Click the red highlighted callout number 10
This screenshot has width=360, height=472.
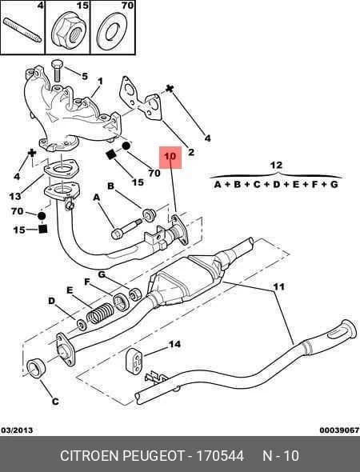170,157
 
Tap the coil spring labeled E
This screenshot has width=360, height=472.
99,313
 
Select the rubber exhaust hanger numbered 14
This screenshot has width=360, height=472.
134,361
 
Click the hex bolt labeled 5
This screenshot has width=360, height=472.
56,70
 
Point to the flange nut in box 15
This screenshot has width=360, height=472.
69,32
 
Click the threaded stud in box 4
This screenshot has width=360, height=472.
22,30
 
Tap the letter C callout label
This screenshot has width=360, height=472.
55,402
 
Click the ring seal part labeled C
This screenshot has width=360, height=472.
36,368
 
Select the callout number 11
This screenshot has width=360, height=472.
278,286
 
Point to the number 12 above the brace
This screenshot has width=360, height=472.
276,166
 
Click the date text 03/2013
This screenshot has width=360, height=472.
17,430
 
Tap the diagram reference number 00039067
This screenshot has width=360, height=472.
339,430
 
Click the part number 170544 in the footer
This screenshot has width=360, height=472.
220,456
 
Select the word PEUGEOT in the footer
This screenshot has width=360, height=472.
154,456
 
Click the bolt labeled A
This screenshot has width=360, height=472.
126,229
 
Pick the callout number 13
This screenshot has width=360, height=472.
15,197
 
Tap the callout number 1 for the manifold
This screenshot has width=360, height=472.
100,82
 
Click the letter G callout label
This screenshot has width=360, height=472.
102,274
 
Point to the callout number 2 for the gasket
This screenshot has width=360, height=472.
191,152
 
